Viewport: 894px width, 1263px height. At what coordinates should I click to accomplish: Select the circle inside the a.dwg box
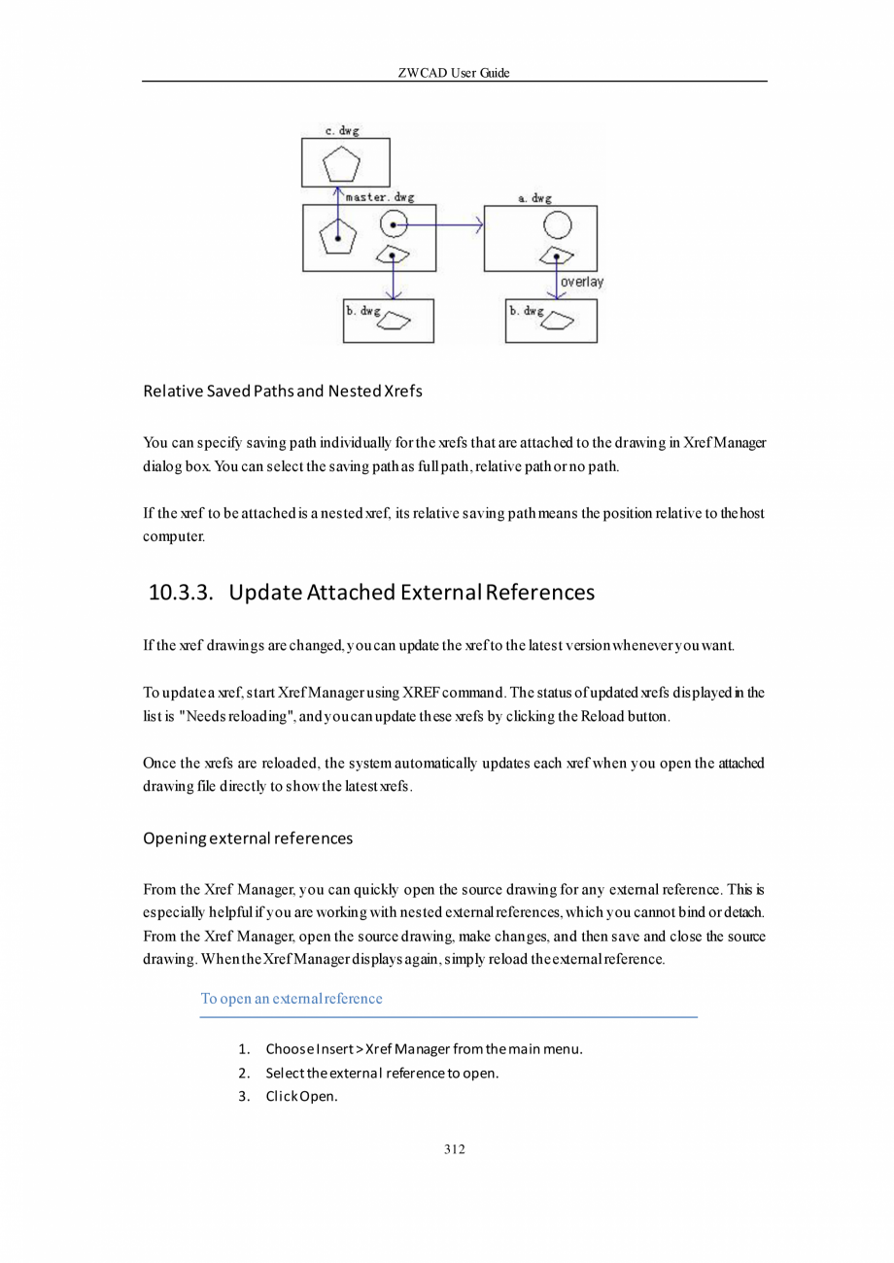(x=556, y=226)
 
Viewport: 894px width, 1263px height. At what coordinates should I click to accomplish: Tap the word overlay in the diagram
(x=582, y=282)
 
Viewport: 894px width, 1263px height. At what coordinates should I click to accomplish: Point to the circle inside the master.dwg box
(x=393, y=224)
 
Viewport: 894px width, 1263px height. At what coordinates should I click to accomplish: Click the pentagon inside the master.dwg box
(x=337, y=236)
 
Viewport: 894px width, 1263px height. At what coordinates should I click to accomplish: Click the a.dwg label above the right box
(x=534, y=198)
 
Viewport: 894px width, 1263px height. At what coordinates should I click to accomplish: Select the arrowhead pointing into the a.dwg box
(x=478, y=226)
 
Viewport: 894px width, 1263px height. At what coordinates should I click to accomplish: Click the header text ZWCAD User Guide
(x=454, y=74)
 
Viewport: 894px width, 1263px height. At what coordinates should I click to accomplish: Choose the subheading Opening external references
(x=247, y=837)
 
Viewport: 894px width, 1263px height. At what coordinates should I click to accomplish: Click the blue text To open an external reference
(x=291, y=999)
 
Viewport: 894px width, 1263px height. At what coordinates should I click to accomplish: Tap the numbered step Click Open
(x=301, y=1098)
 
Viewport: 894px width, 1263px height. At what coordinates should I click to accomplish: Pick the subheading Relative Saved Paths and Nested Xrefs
(x=282, y=393)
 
